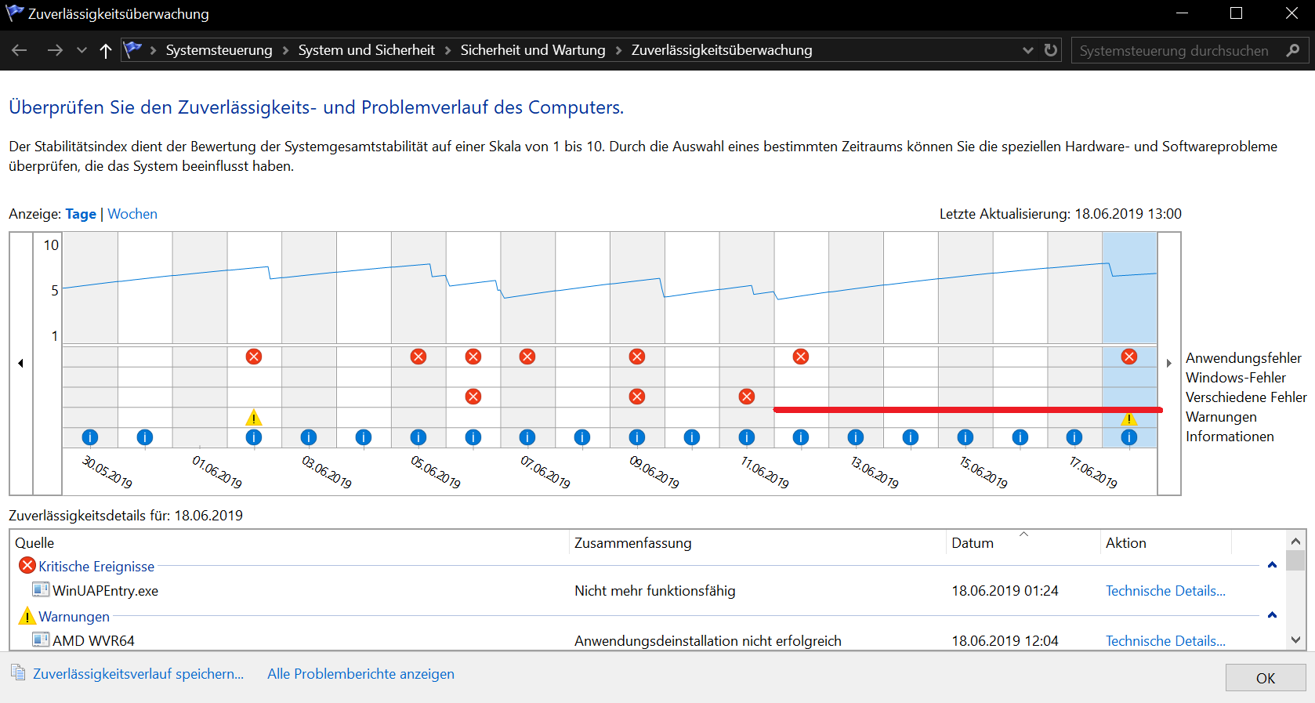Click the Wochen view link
click(132, 214)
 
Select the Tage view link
click(81, 214)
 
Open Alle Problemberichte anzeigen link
click(360, 674)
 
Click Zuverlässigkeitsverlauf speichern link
click(138, 674)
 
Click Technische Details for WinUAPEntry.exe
click(1165, 591)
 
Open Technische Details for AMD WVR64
click(1165, 641)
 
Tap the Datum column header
click(973, 543)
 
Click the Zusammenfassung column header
click(633, 543)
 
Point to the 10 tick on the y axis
click(51, 245)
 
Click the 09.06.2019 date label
click(654, 472)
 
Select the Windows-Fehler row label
click(1236, 378)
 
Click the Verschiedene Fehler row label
click(1246, 397)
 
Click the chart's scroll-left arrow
click(21, 363)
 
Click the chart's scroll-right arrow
click(1168, 363)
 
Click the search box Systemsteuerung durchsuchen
click(1174, 51)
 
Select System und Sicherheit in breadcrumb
click(366, 50)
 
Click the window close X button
click(1291, 13)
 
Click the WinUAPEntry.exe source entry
click(105, 591)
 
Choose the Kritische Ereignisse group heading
click(96, 567)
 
